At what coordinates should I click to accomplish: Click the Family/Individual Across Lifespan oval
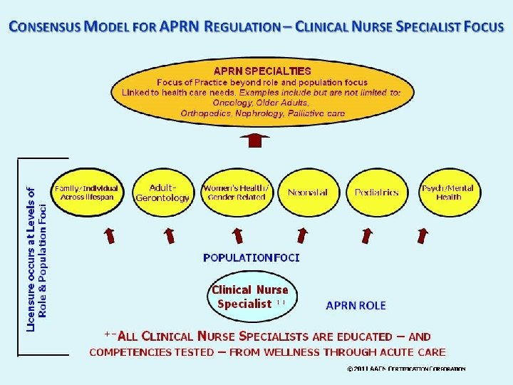[86, 192]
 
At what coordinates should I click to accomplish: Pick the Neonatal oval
[308, 192]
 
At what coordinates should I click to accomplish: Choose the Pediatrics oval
[377, 192]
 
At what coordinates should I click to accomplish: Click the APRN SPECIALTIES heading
[262, 71]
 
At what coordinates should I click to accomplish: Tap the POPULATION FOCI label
[252, 258]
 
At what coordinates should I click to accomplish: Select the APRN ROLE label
[356, 306]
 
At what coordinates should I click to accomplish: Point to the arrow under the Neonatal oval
[302, 235]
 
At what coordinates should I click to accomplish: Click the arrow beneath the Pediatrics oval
[367, 235]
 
